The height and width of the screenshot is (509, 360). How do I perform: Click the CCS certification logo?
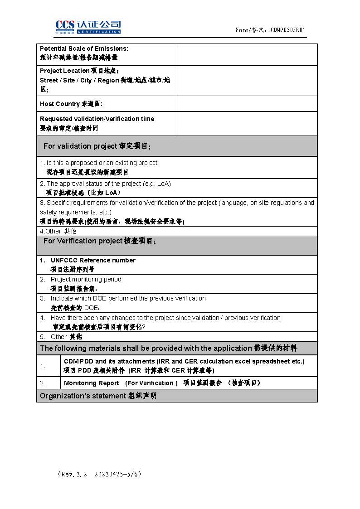click(x=88, y=27)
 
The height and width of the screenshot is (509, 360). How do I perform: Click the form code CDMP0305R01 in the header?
click(x=288, y=30)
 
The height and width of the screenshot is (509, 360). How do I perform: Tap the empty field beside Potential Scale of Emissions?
click(x=247, y=54)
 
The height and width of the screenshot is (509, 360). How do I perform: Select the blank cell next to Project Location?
click(x=247, y=81)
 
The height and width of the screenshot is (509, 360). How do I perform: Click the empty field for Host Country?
click(x=247, y=104)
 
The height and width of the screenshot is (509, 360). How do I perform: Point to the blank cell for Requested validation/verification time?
click(x=247, y=123)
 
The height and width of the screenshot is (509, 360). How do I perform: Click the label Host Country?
click(x=60, y=104)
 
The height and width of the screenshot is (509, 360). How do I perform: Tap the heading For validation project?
click(x=97, y=146)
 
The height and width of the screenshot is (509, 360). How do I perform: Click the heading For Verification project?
click(x=99, y=241)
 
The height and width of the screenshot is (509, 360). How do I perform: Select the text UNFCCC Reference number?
click(x=93, y=260)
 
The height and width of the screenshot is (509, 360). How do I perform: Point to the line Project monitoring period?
click(x=86, y=279)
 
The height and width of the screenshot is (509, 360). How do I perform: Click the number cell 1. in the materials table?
click(x=43, y=366)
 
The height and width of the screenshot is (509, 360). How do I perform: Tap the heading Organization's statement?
click(x=98, y=396)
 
